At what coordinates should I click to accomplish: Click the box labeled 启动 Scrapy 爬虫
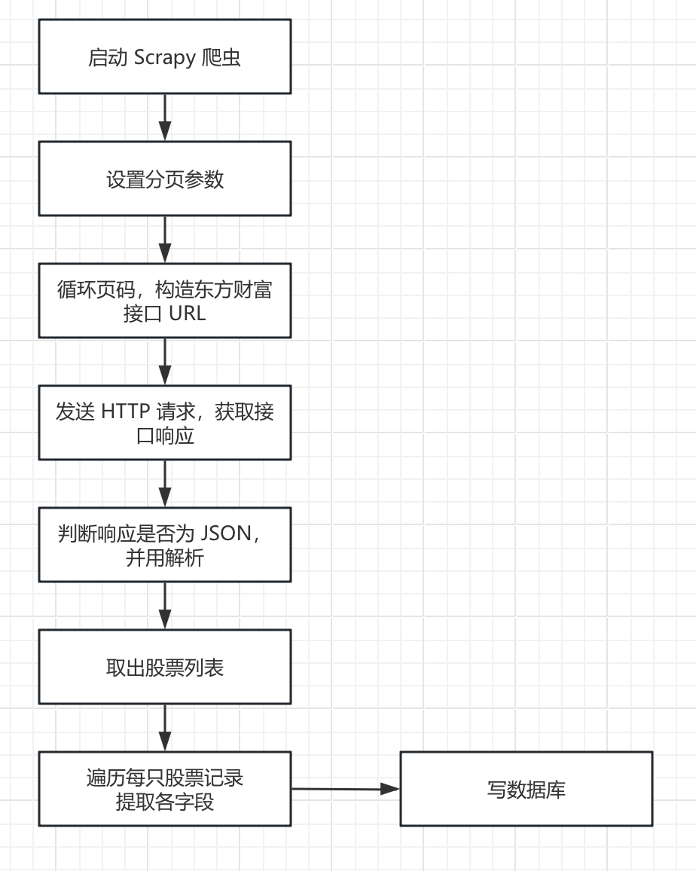[x=164, y=57]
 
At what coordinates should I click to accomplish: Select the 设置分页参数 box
[x=164, y=179]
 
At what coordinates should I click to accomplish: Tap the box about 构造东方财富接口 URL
[x=164, y=301]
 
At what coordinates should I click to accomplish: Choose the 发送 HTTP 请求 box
[x=164, y=423]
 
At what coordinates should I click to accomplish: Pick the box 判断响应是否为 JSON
[x=164, y=545]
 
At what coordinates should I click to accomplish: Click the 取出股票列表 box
[x=164, y=667]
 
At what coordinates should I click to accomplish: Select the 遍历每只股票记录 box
[x=164, y=789]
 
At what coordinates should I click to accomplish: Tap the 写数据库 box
[x=526, y=789]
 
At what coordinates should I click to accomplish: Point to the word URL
[x=187, y=313]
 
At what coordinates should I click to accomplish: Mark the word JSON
[x=227, y=534]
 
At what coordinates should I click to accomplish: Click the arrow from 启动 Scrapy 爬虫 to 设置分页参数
[x=165, y=117]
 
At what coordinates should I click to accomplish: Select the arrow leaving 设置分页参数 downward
[x=165, y=239]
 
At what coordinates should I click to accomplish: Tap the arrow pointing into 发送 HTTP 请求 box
[x=165, y=361]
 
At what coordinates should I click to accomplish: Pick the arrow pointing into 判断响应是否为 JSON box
[x=165, y=483]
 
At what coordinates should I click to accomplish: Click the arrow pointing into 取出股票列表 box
[x=165, y=605]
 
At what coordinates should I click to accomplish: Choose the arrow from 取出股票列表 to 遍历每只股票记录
[x=165, y=727]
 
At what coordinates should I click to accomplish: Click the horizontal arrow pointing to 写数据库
[x=345, y=789]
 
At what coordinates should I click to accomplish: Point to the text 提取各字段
[x=164, y=802]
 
